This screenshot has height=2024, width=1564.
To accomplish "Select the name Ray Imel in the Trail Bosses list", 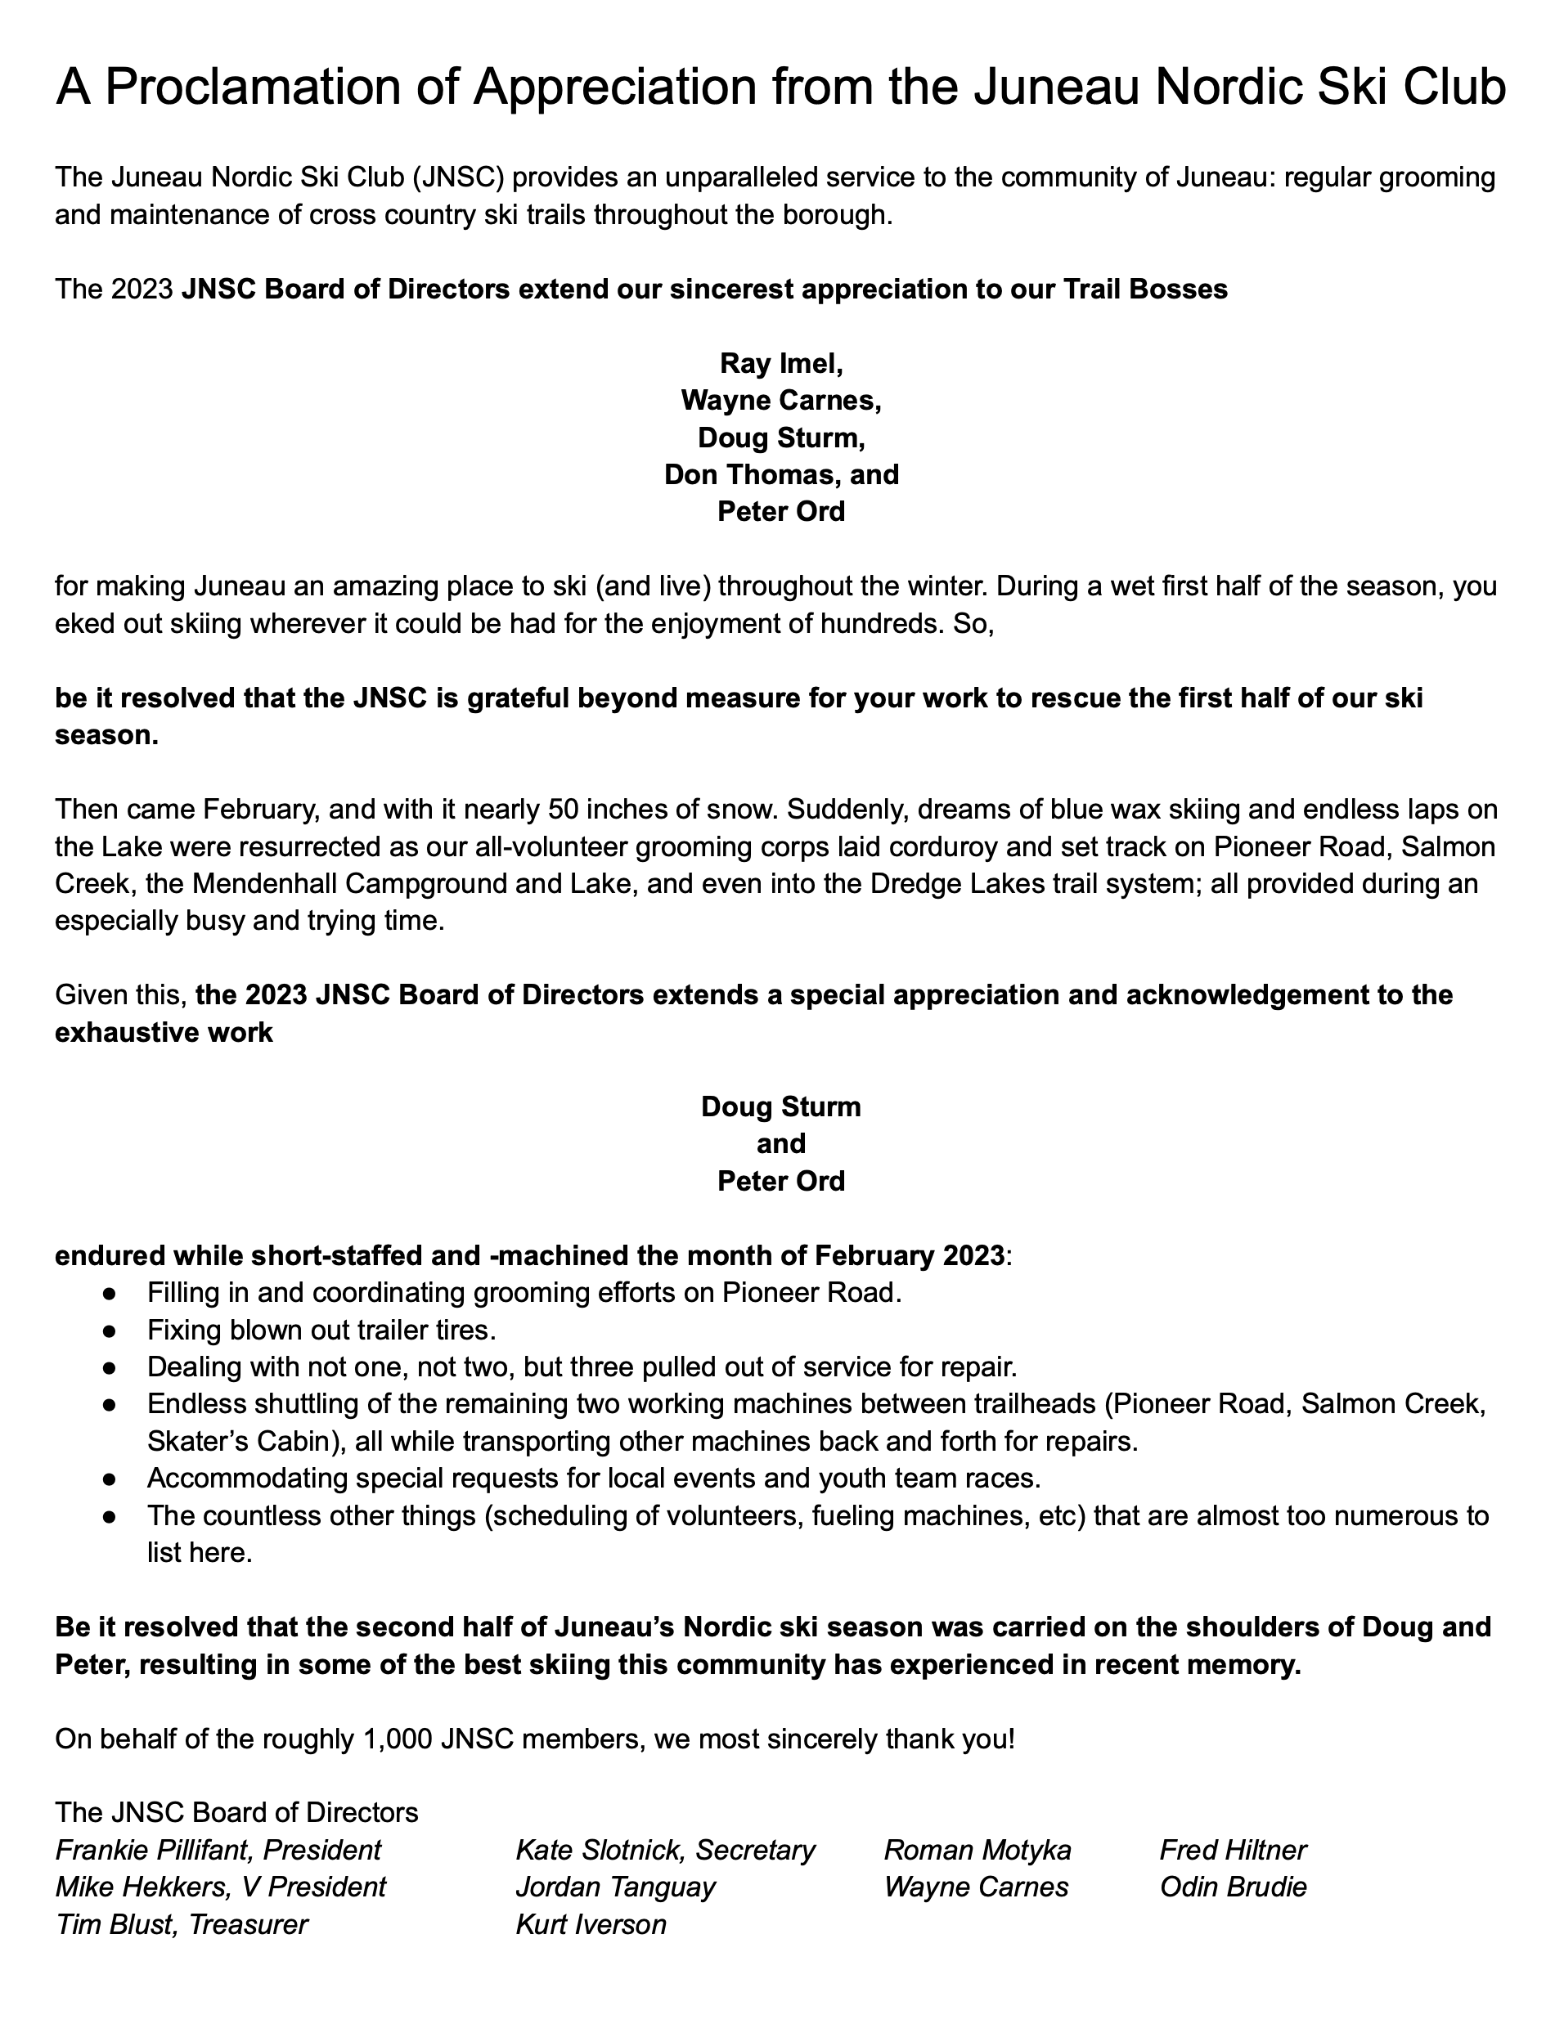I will click(780, 363).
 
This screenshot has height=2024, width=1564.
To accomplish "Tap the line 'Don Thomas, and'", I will click(780, 474).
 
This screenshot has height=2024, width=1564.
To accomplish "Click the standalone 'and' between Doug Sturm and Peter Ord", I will click(780, 1143).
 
